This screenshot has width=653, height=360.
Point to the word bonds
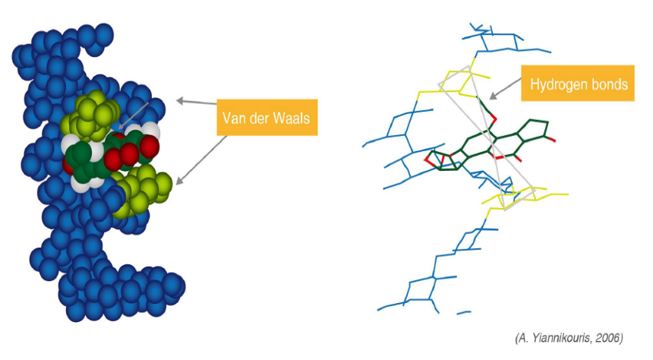point(609,84)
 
